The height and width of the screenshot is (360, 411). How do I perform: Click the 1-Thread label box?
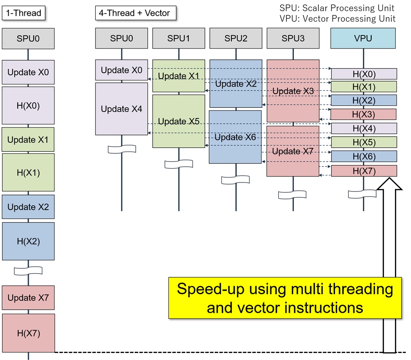coord(23,13)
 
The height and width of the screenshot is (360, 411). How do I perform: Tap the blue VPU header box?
coord(363,38)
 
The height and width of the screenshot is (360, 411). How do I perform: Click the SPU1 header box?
coord(178,38)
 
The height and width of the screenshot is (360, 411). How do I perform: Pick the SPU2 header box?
coord(236,38)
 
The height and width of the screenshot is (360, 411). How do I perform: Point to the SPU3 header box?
coord(293,38)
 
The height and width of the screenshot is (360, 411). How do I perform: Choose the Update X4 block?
coord(121,109)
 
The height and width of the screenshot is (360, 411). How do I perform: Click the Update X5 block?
coord(178,121)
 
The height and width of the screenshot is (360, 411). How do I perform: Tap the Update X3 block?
coord(293,91)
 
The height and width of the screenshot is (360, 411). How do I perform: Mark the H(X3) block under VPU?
coord(363,114)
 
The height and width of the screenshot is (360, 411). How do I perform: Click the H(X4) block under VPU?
coord(364,128)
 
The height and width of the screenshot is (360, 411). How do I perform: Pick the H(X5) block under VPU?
coord(364,143)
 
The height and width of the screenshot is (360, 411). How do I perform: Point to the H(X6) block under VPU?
coord(364,157)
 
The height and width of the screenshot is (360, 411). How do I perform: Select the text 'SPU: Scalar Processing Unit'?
coord(337,8)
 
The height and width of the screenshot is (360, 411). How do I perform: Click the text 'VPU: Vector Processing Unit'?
coord(337,18)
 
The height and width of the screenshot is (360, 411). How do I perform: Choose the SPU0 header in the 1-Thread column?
coord(28,38)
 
